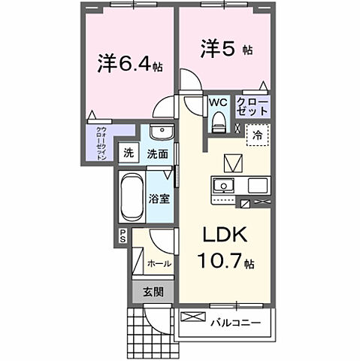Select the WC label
click(x=219, y=102)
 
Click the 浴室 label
click(x=158, y=200)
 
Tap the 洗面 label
click(x=156, y=153)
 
